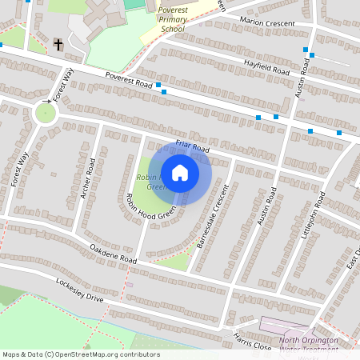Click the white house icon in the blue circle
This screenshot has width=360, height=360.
point(180,172)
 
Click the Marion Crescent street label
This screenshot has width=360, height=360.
point(266,22)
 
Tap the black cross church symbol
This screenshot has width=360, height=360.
point(58,43)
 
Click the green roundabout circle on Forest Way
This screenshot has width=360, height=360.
point(46,114)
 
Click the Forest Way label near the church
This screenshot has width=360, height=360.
point(63,85)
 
